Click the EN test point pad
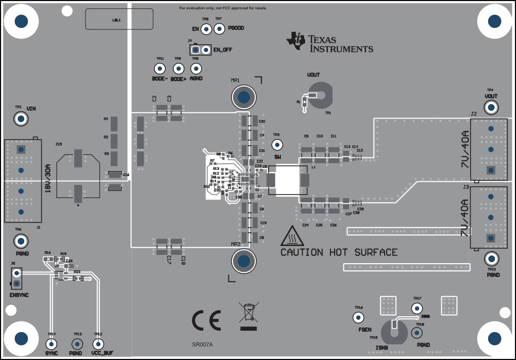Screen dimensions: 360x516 (x=205, y=29)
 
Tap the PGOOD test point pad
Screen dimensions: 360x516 (x=219, y=29)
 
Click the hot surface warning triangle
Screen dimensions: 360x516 (x=291, y=235)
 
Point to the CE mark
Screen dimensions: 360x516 (x=206, y=320)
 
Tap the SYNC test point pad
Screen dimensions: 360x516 (x=51, y=344)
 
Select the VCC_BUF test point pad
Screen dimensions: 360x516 (x=97, y=344)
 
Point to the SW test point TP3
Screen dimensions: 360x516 (x=277, y=145)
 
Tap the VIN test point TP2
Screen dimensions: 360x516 (x=21, y=119)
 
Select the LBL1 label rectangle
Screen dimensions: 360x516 (x=119, y=20)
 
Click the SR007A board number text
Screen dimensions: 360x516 (x=203, y=345)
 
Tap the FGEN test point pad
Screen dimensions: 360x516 (x=358, y=317)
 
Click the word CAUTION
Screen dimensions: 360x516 (x=302, y=252)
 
